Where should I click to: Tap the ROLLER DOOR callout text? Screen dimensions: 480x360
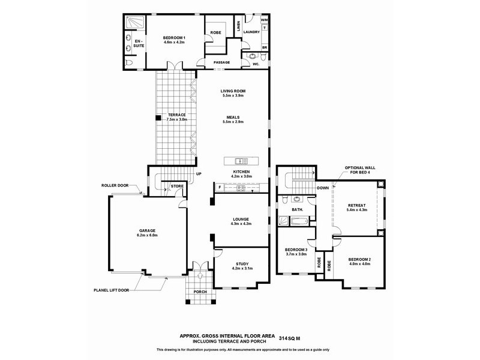point(115,185)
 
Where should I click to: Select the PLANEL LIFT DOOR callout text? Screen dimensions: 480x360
point(111,290)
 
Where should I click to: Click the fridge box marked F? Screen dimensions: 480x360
point(220,187)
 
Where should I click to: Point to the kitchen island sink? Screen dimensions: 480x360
point(241,161)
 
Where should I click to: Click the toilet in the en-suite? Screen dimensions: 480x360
point(130,63)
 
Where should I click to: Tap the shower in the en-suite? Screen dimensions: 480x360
point(135,22)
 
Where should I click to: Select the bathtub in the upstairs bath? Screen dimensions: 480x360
point(301,221)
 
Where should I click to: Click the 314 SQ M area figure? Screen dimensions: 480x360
point(289,338)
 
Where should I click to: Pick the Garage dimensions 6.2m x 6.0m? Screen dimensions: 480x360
point(147,235)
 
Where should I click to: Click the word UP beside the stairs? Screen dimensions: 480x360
point(199,174)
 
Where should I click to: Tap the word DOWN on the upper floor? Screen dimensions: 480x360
point(323,188)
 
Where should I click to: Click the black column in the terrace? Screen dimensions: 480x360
point(158,118)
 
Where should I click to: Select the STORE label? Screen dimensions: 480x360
point(177,186)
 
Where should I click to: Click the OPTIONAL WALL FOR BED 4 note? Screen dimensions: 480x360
point(359,170)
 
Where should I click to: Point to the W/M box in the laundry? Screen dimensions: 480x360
point(265,20)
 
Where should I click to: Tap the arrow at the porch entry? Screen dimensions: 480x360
point(200,275)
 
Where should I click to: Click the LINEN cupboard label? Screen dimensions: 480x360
point(239,26)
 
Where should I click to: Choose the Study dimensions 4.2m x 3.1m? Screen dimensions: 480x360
point(242,268)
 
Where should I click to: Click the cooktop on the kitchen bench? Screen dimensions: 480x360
point(241,188)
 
